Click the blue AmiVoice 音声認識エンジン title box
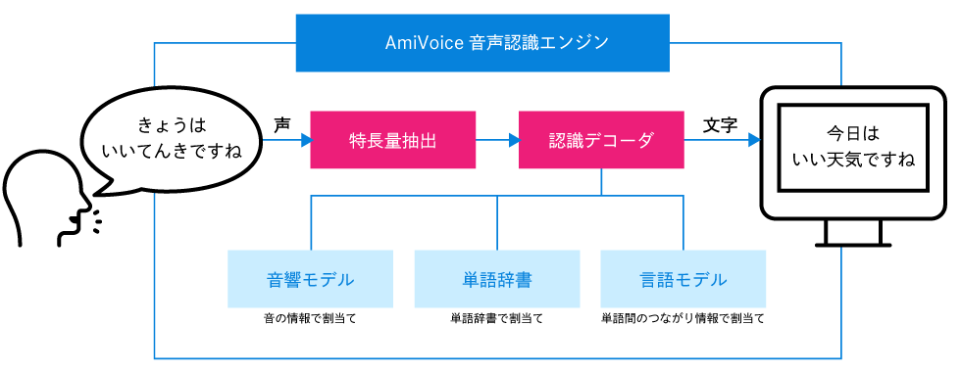coord(482,43)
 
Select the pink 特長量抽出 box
coord(393,140)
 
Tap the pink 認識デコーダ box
coord(600,140)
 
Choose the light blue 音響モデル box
coord(310,279)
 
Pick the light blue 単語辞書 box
coord(497,279)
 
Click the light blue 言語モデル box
coord(683,279)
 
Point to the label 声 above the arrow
coord(282,124)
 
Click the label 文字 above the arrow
coord(721,124)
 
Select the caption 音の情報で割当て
coord(310,319)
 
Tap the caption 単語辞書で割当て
coord(497,319)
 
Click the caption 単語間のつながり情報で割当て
coord(683,319)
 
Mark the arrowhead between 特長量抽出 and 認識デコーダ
coord(513,140)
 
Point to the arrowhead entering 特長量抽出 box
coord(304,140)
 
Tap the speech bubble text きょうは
coord(173,124)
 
